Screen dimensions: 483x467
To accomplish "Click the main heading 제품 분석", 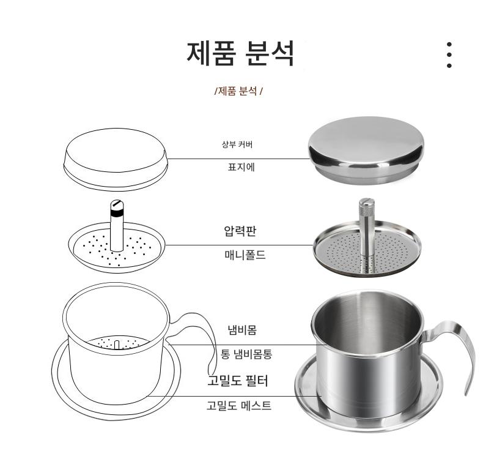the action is pyautogui.click(x=240, y=53).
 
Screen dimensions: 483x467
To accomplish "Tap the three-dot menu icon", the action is pyautogui.click(x=449, y=55).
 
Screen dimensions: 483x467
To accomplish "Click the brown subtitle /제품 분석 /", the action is pyautogui.click(x=238, y=91).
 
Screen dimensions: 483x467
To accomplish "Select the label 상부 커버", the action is pyautogui.click(x=237, y=144).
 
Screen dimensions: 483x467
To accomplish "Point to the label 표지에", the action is pyautogui.click(x=241, y=167).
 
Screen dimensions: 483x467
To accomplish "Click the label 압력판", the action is pyautogui.click(x=240, y=230).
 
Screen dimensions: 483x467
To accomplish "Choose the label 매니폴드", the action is pyautogui.click(x=245, y=255).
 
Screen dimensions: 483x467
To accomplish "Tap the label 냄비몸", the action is pyautogui.click(x=242, y=330).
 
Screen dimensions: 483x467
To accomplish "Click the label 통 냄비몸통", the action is pyautogui.click(x=246, y=354).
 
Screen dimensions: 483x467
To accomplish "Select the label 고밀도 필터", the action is pyautogui.click(x=238, y=380).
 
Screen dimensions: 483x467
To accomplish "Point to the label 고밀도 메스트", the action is pyautogui.click(x=238, y=405).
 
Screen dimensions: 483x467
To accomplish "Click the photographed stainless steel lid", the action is pyautogui.click(x=366, y=150).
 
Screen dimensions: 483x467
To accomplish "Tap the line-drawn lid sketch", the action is pyautogui.click(x=116, y=160).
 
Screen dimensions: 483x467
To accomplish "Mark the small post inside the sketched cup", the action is pyautogui.click(x=117, y=345).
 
